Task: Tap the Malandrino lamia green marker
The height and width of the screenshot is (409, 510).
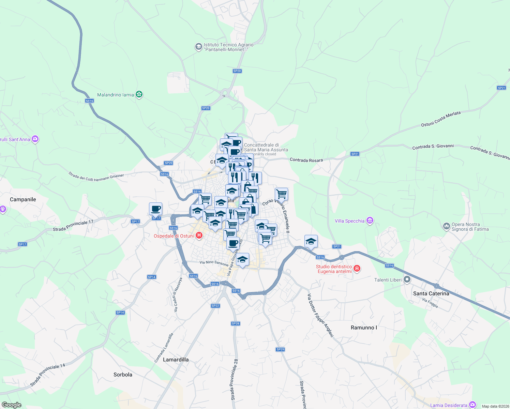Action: point(139,94)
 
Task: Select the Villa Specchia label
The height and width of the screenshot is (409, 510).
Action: point(349,221)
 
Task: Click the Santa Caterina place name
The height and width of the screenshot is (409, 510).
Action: point(431,293)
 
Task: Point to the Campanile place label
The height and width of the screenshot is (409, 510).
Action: point(23,199)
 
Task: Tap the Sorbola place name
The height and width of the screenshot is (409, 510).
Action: point(123,375)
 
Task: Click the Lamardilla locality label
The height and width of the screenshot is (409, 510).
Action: point(176,360)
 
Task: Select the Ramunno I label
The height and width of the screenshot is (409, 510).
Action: point(364,328)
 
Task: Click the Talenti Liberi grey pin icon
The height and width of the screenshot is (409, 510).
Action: point(407,279)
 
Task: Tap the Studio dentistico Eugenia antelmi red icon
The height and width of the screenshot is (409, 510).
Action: point(357,269)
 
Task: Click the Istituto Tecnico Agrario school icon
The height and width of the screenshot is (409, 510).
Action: point(198,47)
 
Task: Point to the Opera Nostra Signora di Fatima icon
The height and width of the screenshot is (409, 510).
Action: point(446,226)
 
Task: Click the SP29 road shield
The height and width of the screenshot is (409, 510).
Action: point(280,349)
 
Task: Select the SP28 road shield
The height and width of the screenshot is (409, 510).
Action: point(235,323)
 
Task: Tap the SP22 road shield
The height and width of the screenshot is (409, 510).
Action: point(215,306)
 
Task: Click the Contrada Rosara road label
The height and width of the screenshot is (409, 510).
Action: point(306,160)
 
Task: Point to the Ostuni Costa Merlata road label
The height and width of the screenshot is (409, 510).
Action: point(441,119)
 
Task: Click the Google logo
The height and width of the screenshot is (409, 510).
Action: point(12,405)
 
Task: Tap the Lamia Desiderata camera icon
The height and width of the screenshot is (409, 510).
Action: point(472,405)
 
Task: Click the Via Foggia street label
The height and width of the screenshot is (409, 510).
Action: point(430,303)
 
